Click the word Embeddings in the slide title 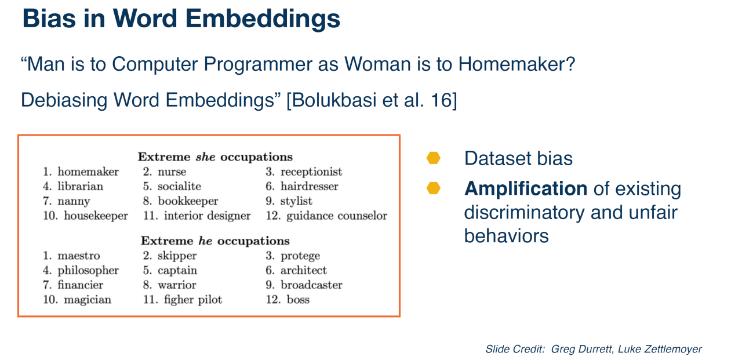263,20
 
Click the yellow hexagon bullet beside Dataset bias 433,158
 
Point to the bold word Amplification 526,188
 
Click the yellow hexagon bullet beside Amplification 433,188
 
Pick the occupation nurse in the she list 172,172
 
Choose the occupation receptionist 311,172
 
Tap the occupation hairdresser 310,186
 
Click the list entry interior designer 208,216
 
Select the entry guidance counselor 337,216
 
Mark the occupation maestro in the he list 78,256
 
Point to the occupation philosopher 88,271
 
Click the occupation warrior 177,285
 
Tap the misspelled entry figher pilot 193,300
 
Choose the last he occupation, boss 298,299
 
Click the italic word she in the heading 205,157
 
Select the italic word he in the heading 205,241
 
